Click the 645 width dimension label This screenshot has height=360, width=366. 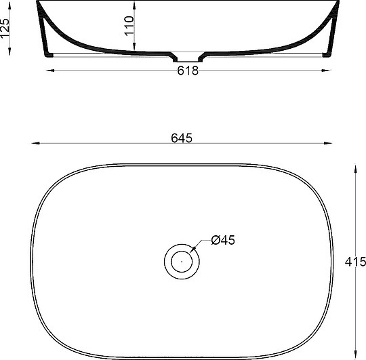pyautogui.click(x=182, y=138)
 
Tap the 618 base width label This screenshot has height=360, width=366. pyautogui.click(x=188, y=71)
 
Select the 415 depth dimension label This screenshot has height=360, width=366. pyautogui.click(x=355, y=262)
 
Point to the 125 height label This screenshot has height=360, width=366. pyautogui.click(x=5, y=28)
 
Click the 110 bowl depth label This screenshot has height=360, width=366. pyautogui.click(x=129, y=26)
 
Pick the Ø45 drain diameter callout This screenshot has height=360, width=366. pyautogui.click(x=223, y=240)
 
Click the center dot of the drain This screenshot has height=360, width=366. pyautogui.click(x=182, y=262)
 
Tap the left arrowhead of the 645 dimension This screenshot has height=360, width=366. pyautogui.click(x=35, y=143)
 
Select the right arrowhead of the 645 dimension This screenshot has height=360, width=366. pyautogui.click(x=328, y=143)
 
